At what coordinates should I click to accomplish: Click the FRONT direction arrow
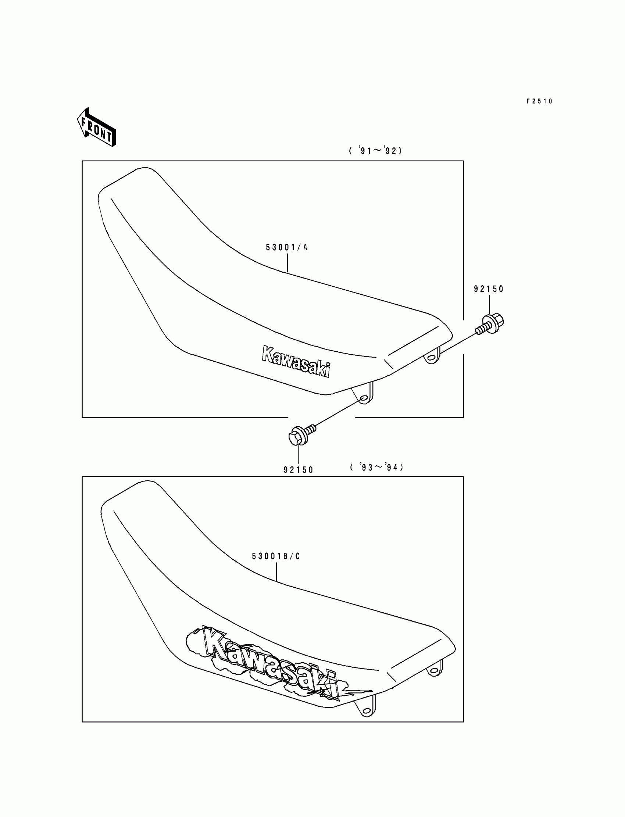(96, 127)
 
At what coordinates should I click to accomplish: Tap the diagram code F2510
(539, 101)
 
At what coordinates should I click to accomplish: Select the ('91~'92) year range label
(375, 151)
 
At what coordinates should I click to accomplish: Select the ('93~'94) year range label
(376, 467)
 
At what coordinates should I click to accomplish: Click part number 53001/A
(287, 248)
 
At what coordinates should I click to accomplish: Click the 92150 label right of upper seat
(489, 289)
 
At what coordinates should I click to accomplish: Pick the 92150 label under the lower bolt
(299, 470)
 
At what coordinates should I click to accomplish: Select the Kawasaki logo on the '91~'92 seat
(296, 361)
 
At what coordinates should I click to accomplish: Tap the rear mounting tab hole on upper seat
(432, 358)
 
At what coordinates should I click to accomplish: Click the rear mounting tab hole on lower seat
(434, 671)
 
